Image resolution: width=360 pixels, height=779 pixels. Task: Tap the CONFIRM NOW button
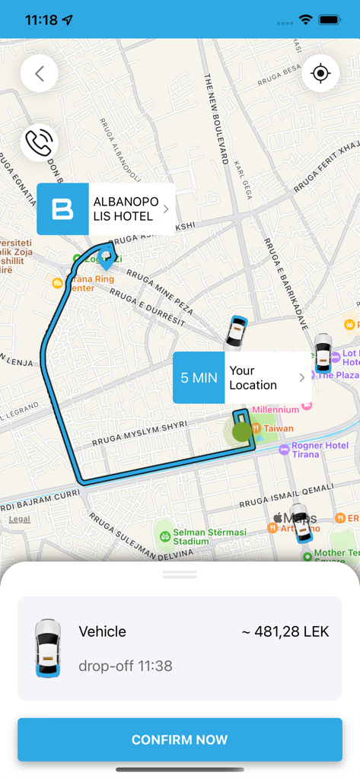[180, 739]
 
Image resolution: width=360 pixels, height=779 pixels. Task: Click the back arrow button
[40, 74]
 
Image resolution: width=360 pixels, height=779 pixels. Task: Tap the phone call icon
[40, 141]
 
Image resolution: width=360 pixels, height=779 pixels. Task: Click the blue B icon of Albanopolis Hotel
[62, 209]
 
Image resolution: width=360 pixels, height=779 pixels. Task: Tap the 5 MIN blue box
[199, 377]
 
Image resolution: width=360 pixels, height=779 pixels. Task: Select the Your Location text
[253, 377]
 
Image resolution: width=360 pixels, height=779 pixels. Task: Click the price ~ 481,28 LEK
[285, 631]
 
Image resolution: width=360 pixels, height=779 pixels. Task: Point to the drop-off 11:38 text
[126, 666]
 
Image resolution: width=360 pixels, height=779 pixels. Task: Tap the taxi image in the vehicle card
[48, 648]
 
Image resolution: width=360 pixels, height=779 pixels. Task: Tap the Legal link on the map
[20, 520]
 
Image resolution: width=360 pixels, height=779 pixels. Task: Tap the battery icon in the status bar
[330, 20]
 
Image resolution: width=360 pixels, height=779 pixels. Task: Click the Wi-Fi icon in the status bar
[306, 20]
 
